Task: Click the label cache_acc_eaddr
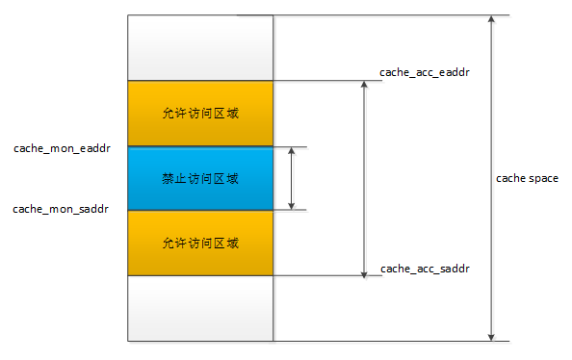pyautogui.click(x=425, y=72)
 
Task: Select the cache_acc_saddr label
pyautogui.click(x=425, y=267)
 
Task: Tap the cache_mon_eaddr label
pyautogui.click(x=62, y=148)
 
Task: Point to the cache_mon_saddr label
pyautogui.click(x=61, y=209)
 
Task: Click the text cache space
pyautogui.click(x=527, y=178)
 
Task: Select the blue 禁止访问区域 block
pyautogui.click(x=200, y=178)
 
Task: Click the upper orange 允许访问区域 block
pyautogui.click(x=200, y=114)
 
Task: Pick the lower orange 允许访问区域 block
pyautogui.click(x=200, y=243)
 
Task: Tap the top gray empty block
pyautogui.click(x=200, y=48)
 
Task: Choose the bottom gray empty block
pyautogui.click(x=200, y=308)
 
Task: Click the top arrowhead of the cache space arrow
pyautogui.click(x=492, y=20)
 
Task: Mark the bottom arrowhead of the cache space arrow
pyautogui.click(x=492, y=335)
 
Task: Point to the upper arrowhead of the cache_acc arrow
pyautogui.click(x=363, y=87)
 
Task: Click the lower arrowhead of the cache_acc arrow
pyautogui.click(x=363, y=270)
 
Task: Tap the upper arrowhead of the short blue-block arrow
pyautogui.click(x=291, y=153)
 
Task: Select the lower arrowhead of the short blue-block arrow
pyautogui.click(x=291, y=204)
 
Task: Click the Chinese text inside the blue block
pyautogui.click(x=200, y=178)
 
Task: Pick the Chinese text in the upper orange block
pyautogui.click(x=200, y=114)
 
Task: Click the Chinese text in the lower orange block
pyautogui.click(x=200, y=243)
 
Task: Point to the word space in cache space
pyautogui.click(x=543, y=179)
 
